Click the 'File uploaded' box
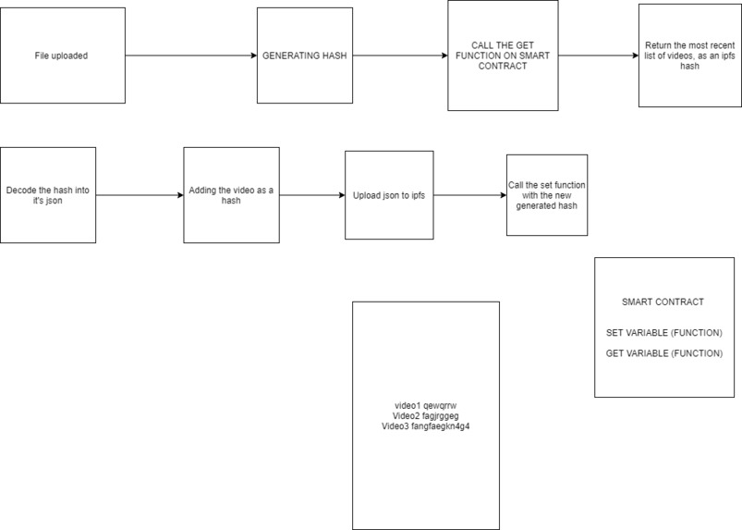pyautogui.click(x=62, y=55)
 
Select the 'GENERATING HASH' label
pyautogui.click(x=304, y=55)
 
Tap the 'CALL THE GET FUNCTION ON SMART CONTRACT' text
pyautogui.click(x=503, y=55)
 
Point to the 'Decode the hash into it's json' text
pyautogui.click(x=48, y=195)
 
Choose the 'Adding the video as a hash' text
pyautogui.click(x=231, y=195)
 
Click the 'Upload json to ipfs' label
pyautogui.click(x=389, y=195)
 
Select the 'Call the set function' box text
pyautogui.click(x=547, y=195)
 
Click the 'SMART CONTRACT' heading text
pyautogui.click(x=663, y=302)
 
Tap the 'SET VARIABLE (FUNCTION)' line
pyautogui.click(x=663, y=332)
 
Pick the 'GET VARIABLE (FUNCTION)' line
pyautogui.click(x=663, y=352)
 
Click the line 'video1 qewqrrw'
pyautogui.click(x=426, y=406)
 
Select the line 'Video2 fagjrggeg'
pyautogui.click(x=426, y=416)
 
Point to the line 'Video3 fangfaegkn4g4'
pyautogui.click(x=426, y=426)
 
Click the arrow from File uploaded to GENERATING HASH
pyautogui.click(x=189, y=55)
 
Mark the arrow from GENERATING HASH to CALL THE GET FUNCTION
pyautogui.click(x=399, y=55)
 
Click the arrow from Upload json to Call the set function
pyautogui.click(x=469, y=195)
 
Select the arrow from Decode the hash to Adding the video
pyautogui.click(x=139, y=195)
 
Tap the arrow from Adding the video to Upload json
pyautogui.click(x=311, y=195)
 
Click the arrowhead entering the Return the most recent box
pyautogui.click(x=634, y=55)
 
